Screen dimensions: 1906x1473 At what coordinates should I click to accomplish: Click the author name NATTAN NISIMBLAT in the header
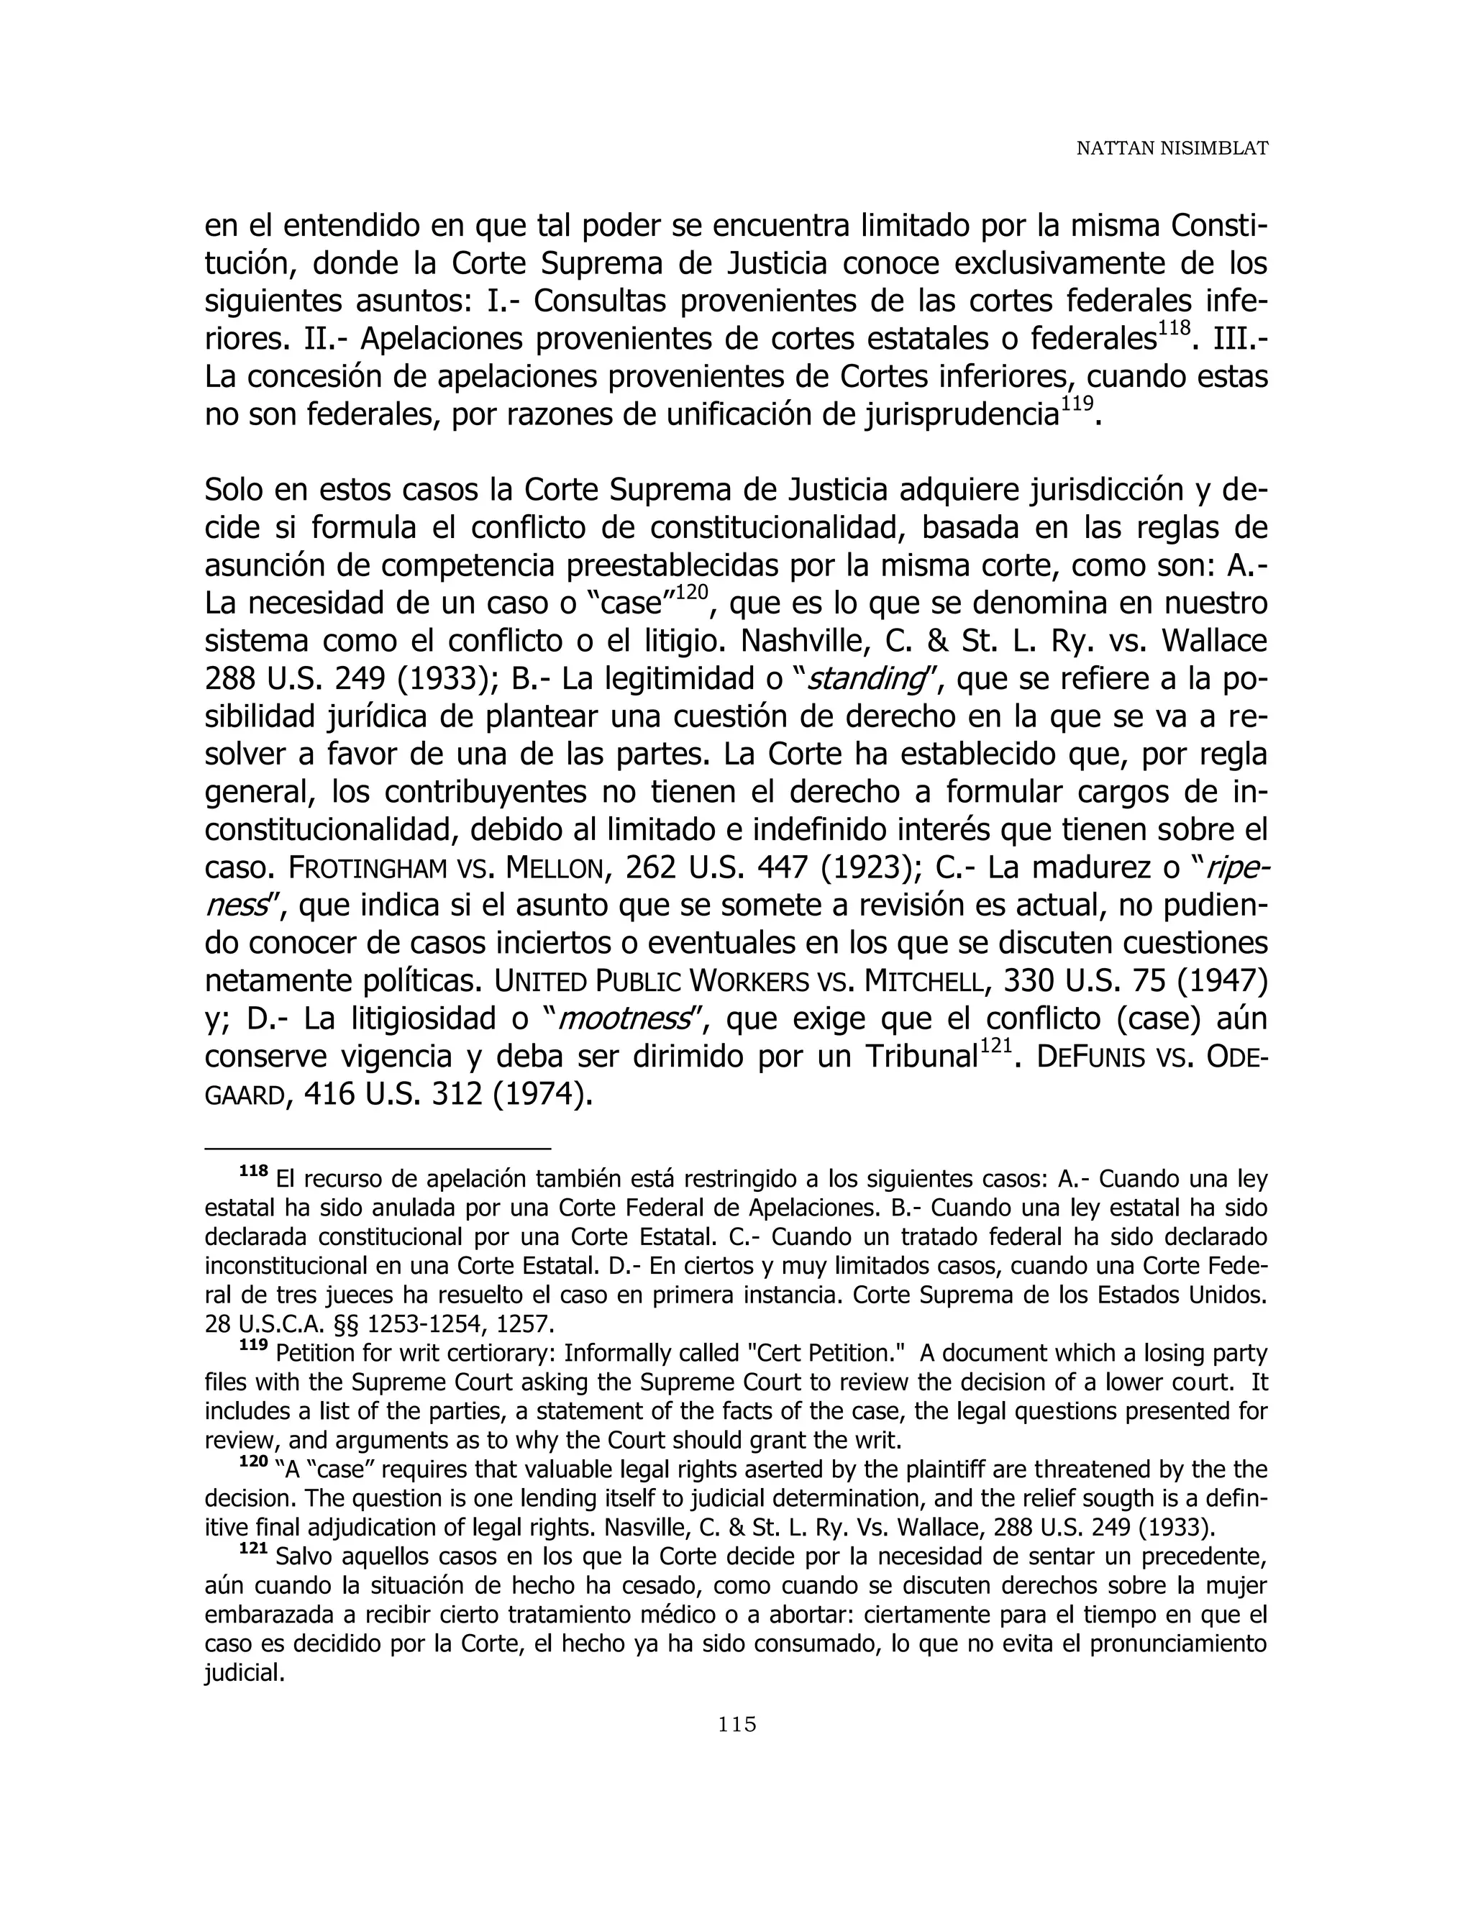tap(1171, 148)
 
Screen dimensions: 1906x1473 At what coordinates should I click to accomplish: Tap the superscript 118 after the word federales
tap(1175, 327)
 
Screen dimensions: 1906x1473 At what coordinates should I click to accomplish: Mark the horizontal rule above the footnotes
tap(378, 1149)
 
